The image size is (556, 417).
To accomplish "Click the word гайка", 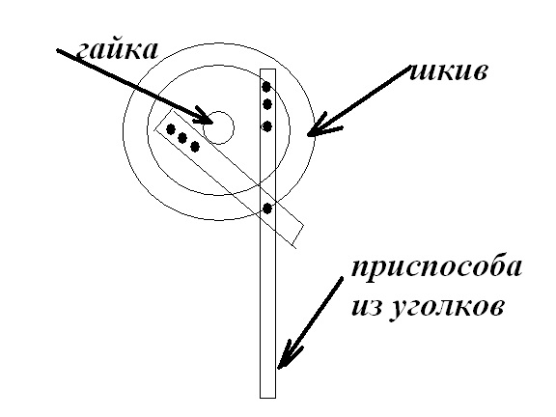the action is [117, 51].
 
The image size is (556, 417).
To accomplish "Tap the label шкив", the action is [448, 72].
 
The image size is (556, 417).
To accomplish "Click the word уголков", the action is [447, 307].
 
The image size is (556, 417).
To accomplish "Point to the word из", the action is [367, 306].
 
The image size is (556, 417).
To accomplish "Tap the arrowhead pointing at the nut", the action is [204, 116].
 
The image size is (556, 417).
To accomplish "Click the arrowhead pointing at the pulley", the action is [320, 126].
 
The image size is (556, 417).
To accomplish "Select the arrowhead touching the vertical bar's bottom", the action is [288, 354].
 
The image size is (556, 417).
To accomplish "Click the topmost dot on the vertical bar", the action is [266, 86].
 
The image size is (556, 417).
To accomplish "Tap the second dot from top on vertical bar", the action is [267, 104].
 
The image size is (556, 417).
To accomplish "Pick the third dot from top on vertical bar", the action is [267, 126].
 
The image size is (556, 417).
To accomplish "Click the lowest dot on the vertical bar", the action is [267, 208].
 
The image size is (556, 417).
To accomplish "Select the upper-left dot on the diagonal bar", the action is [171, 129].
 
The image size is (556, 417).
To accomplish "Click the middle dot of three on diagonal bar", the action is [182, 138].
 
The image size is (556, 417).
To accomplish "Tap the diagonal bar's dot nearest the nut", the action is [195, 147].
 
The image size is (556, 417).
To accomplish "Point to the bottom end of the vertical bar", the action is [267, 398].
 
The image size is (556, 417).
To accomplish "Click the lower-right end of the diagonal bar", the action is [298, 236].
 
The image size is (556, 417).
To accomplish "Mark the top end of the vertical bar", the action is [267, 69].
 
